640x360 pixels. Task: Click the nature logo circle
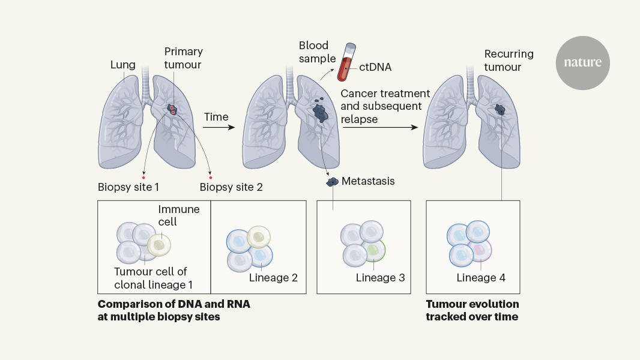pyautogui.click(x=582, y=63)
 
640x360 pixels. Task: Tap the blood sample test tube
pyautogui.click(x=347, y=62)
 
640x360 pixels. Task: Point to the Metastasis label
pyautogui.click(x=368, y=181)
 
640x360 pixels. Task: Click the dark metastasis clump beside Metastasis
pyautogui.click(x=331, y=181)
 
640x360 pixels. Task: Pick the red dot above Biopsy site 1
pyautogui.click(x=143, y=178)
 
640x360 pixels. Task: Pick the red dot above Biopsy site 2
pyautogui.click(x=210, y=178)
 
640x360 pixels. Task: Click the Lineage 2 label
pyautogui.click(x=273, y=277)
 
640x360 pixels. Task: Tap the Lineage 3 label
pyautogui.click(x=380, y=277)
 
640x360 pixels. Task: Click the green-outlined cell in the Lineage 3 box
pyautogui.click(x=373, y=250)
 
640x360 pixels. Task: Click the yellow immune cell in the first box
pyautogui.click(x=159, y=244)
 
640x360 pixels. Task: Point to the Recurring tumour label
pyautogui.click(x=509, y=61)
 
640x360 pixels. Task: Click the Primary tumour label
pyautogui.click(x=183, y=58)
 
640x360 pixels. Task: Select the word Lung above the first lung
pyautogui.click(x=122, y=64)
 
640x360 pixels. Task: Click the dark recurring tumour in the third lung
pyautogui.click(x=500, y=110)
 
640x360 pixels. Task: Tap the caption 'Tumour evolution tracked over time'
pyautogui.click(x=472, y=310)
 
